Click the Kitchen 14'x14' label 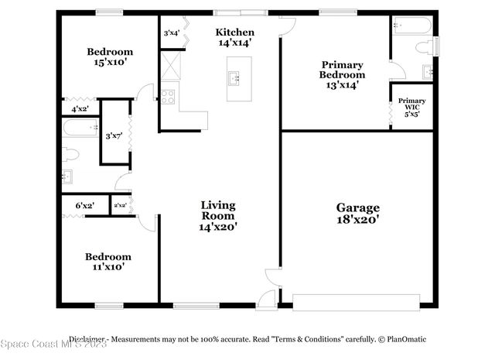click(x=234, y=37)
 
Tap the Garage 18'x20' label click(x=357, y=213)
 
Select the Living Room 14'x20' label click(x=217, y=216)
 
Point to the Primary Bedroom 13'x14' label click(x=342, y=75)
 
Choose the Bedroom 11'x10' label click(x=108, y=261)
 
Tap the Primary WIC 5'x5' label click(x=411, y=107)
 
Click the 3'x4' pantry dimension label click(x=172, y=33)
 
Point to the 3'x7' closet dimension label click(x=114, y=137)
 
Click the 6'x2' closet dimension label click(x=84, y=205)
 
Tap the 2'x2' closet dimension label click(x=121, y=205)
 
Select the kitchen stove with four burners click(x=168, y=97)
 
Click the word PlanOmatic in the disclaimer click(x=401, y=339)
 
